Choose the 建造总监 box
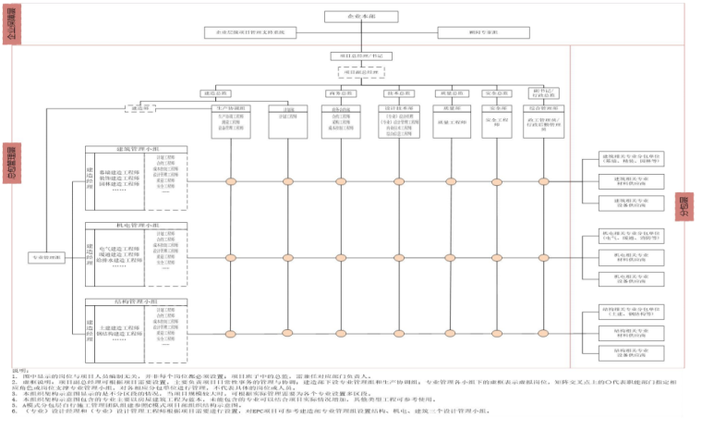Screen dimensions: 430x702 [x=214, y=93]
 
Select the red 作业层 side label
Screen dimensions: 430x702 [x=684, y=205]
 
